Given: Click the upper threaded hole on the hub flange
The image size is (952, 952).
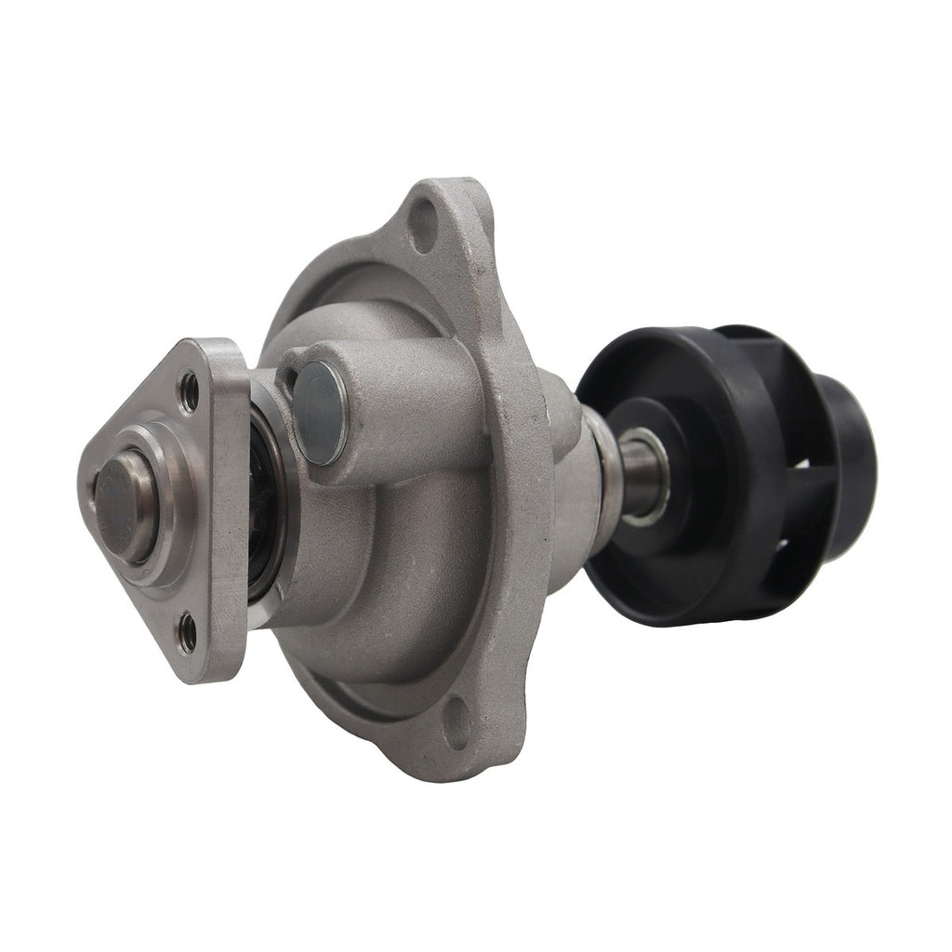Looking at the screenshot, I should (x=190, y=391).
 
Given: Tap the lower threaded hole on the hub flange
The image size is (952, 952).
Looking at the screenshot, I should (x=189, y=632).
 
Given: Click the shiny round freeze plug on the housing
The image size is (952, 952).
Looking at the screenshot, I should (x=321, y=413).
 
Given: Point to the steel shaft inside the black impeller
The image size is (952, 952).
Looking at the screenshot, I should (x=641, y=474).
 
